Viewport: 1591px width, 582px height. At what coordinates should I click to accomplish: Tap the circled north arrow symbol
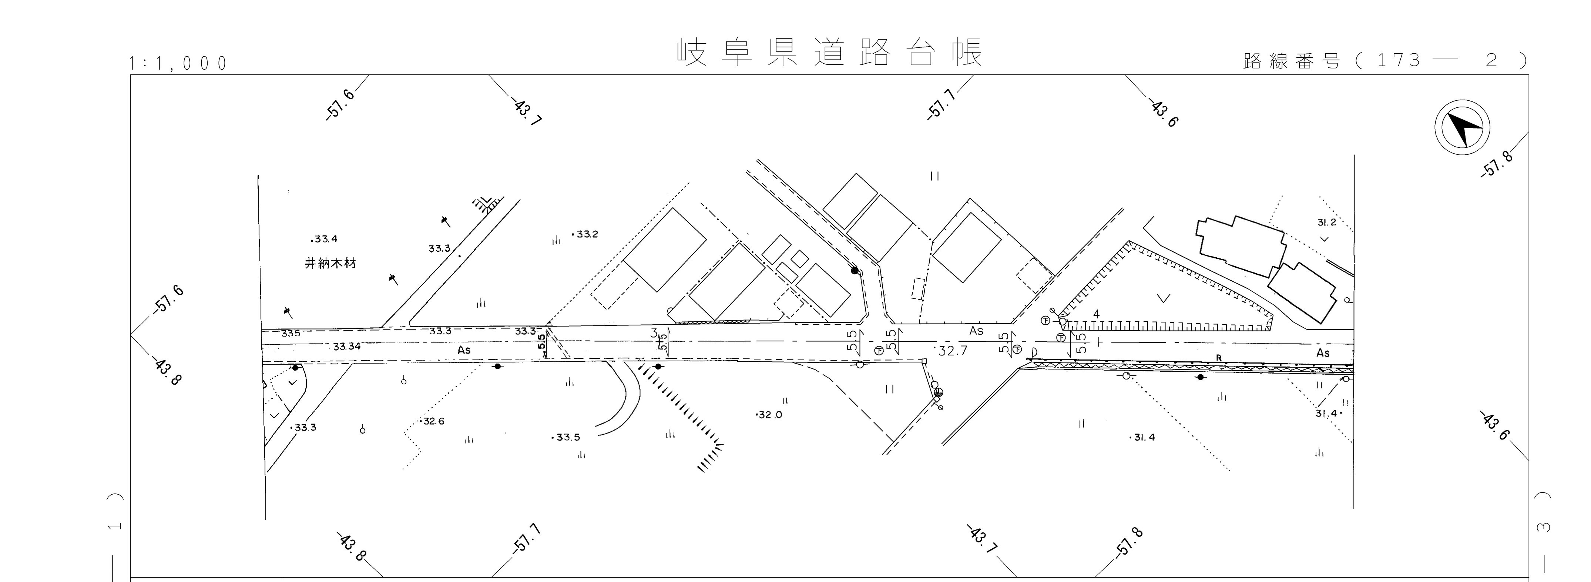point(1461,127)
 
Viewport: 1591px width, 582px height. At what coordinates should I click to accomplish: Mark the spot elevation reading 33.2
point(586,234)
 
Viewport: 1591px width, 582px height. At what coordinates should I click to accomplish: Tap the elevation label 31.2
point(1327,223)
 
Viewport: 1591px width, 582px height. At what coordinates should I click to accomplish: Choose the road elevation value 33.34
point(346,347)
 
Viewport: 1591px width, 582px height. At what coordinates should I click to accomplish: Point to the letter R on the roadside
point(1219,358)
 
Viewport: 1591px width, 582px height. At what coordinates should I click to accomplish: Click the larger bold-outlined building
point(1241,246)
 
